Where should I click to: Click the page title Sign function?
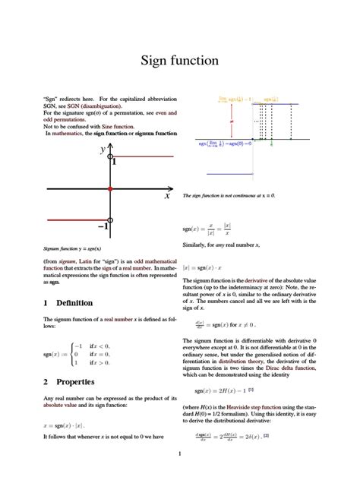[x=179, y=60]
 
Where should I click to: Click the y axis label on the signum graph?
[x=103, y=150]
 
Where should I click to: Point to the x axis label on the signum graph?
[x=166, y=196]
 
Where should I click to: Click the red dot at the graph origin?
[x=111, y=188]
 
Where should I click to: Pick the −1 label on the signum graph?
[x=103, y=226]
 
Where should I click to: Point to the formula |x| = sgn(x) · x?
[x=213, y=267]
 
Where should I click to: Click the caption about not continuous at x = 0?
[x=229, y=195]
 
